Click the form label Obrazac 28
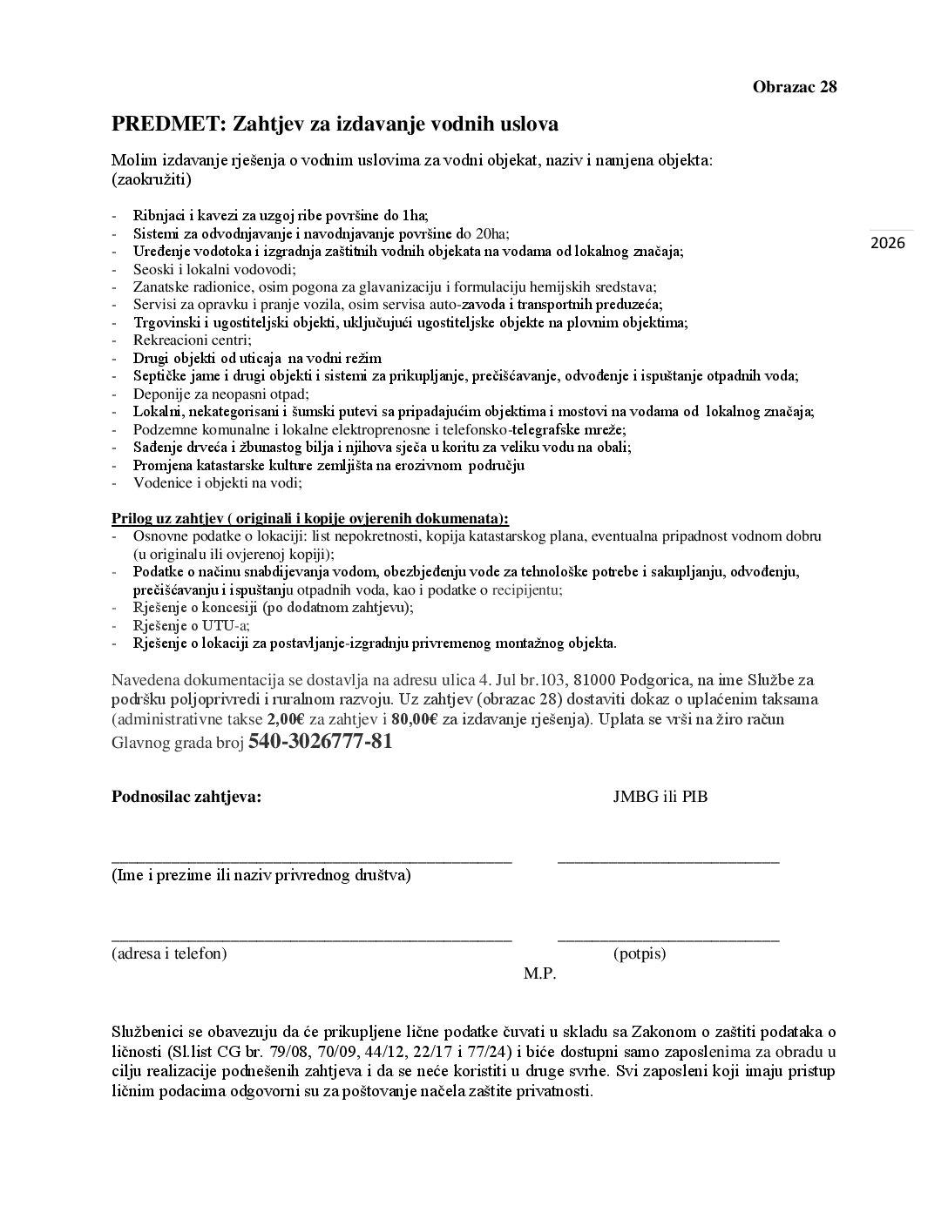[x=794, y=86]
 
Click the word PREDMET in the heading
[x=165, y=124]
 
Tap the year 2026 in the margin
[x=888, y=242]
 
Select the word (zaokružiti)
[x=152, y=180]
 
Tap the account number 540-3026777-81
[x=320, y=742]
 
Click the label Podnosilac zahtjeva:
[x=186, y=796]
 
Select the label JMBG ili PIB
[x=660, y=796]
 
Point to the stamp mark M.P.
[x=539, y=973]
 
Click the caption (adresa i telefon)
[x=169, y=953]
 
